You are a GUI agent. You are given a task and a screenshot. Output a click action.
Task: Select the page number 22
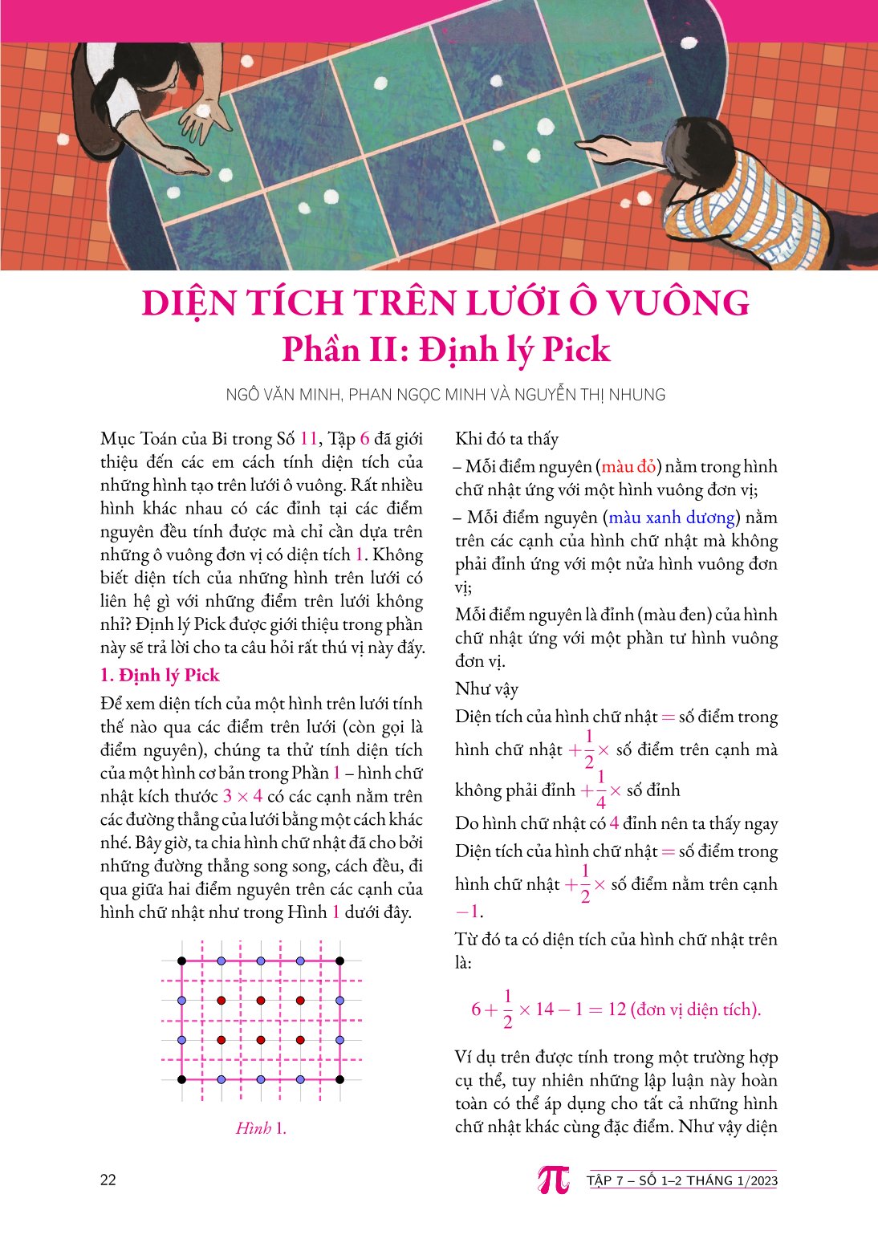[108, 1180]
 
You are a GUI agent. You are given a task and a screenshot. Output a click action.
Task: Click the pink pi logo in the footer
[554, 1179]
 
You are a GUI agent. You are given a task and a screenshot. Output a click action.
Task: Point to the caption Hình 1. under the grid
[261, 1128]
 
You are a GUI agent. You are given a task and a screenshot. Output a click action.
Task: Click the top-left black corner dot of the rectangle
[181, 961]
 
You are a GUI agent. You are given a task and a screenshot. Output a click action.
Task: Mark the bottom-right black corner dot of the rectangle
[339, 1079]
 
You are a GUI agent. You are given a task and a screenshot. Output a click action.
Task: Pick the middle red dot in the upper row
[261, 1000]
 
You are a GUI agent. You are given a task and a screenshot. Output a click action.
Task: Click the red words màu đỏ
[628, 466]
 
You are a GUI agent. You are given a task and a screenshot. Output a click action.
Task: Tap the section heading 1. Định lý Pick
[160, 675]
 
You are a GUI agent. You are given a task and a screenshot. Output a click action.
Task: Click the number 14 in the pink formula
[545, 1009]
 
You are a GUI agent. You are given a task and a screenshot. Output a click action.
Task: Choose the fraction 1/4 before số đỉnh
[600, 789]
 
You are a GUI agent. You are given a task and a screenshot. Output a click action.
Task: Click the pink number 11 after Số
[308, 439]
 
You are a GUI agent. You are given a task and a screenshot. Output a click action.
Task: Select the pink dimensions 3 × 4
[242, 796]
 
